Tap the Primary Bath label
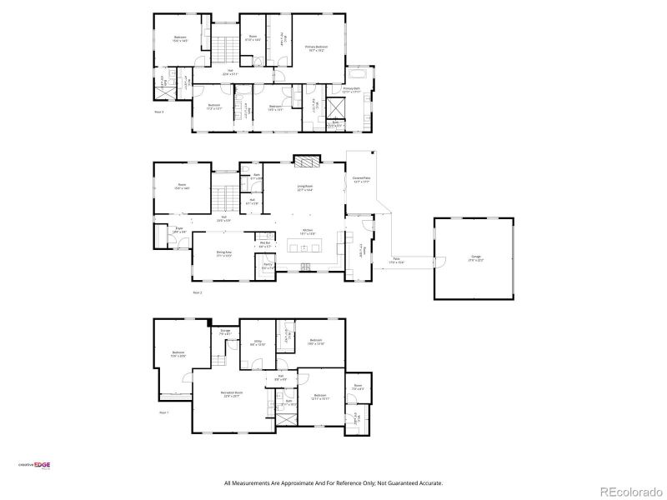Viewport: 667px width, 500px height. click(x=350, y=89)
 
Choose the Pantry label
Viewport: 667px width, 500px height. click(x=268, y=266)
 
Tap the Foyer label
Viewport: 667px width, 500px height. click(x=179, y=229)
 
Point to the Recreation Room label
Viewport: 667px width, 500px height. click(x=231, y=394)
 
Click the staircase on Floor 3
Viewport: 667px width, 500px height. click(x=223, y=50)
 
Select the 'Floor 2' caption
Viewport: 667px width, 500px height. click(x=198, y=293)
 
